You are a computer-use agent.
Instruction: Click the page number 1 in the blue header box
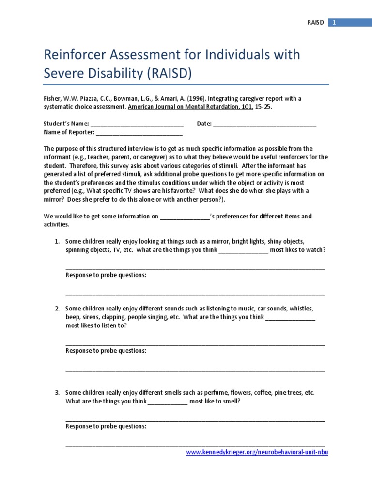tap(334, 22)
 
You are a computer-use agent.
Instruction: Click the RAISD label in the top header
tap(316, 22)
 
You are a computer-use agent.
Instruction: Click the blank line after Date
tap(264, 124)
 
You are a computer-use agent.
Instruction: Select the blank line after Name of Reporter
tap(139, 132)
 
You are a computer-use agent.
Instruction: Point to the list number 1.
tap(57, 241)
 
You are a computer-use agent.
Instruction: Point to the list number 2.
tap(57, 309)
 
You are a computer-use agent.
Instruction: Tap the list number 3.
tap(57, 393)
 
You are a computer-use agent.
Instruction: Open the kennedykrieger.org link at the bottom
tap(257, 452)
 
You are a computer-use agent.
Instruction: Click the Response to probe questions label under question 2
tap(106, 351)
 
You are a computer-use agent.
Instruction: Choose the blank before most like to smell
tap(167, 402)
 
